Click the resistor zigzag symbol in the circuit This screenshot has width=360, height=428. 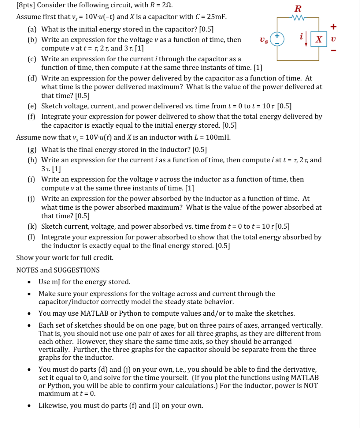click(298, 18)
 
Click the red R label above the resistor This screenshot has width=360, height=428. click(298, 9)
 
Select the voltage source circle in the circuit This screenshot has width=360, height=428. click(277, 39)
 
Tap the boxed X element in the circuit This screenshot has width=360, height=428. click(319, 39)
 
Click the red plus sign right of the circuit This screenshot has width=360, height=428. click(333, 27)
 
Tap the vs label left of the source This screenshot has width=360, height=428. click(264, 40)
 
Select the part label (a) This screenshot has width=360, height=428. click(32, 29)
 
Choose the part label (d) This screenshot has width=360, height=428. click(32, 78)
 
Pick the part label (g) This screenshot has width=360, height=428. click(32, 150)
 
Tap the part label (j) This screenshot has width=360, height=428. click(32, 199)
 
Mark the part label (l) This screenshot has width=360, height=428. click(32, 237)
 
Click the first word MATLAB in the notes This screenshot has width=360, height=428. click(94, 313)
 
